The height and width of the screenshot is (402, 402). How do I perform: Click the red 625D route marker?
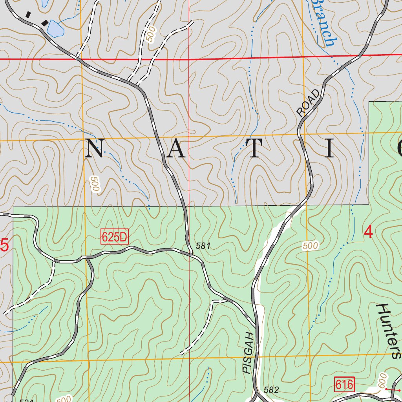115,237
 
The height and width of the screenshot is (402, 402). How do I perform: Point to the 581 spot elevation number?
203,246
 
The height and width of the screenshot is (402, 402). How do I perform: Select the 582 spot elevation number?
271,390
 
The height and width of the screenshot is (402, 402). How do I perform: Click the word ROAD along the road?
309,103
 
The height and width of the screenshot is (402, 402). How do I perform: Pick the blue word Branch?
324,24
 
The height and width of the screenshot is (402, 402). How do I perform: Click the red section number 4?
368,232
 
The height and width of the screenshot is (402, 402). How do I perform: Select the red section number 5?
4,246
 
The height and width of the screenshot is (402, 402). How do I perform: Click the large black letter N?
95,149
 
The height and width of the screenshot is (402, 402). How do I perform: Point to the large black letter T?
254,149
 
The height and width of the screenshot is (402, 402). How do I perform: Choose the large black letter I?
329,149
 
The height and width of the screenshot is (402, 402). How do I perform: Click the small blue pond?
55,29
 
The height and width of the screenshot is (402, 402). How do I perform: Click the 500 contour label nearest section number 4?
310,246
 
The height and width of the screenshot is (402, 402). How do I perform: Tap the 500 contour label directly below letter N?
95,184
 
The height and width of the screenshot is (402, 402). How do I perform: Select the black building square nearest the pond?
46,22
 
